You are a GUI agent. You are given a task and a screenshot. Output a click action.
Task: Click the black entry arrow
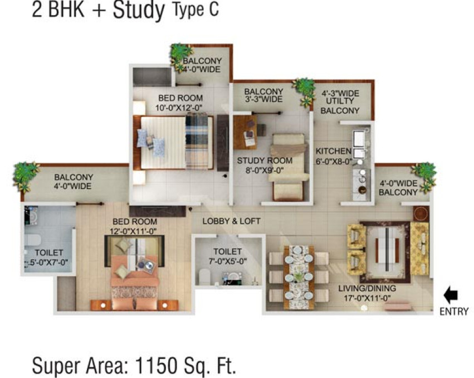click(x=450, y=294)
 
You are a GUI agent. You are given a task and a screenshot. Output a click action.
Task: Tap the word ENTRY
click(x=453, y=312)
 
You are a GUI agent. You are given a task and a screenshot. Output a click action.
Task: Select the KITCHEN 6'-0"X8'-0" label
click(x=333, y=156)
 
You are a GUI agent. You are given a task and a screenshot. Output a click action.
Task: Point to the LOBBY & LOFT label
click(x=231, y=221)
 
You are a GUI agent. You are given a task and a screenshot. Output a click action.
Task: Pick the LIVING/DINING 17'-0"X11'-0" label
click(x=367, y=293)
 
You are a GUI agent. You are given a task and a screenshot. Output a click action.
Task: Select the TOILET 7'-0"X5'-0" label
click(x=227, y=256)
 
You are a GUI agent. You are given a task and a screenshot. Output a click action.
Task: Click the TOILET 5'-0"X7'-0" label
click(x=47, y=258)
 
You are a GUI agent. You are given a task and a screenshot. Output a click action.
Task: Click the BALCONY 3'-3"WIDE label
click(x=263, y=95)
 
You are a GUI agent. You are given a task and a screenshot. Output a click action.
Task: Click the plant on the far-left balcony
click(x=26, y=175)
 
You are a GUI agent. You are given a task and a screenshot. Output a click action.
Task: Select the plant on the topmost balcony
click(x=182, y=54)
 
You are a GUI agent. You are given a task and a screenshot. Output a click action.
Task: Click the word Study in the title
click(x=140, y=11)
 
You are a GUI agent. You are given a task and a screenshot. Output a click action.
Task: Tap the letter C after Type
click(x=212, y=11)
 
